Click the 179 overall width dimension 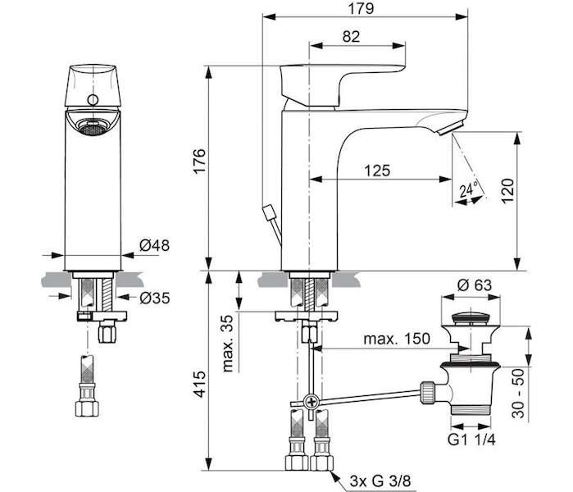[x=361, y=9]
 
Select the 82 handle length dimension [x=351, y=37]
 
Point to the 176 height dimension [x=199, y=161]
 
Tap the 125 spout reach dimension [x=377, y=171]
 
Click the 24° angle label [x=469, y=189]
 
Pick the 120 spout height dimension [x=507, y=190]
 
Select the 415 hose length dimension [x=199, y=384]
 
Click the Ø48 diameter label [x=155, y=245]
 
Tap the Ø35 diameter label [x=155, y=298]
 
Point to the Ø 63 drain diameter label [x=475, y=285]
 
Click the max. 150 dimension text [x=397, y=339]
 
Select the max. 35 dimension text [x=228, y=344]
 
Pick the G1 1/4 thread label [x=471, y=440]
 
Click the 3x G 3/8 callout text [x=380, y=481]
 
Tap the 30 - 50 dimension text [x=518, y=394]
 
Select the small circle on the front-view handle [x=93, y=99]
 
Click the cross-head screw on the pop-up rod [x=312, y=402]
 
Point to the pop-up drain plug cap [x=471, y=317]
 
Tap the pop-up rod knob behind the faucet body [x=270, y=212]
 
